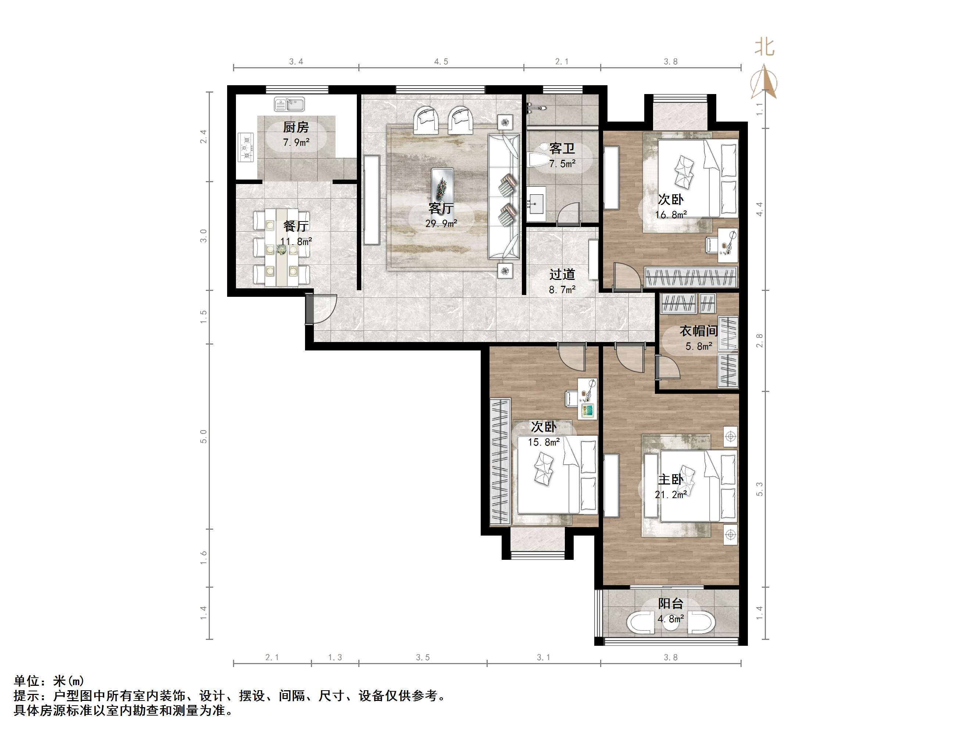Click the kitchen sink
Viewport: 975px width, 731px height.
pos(289,104)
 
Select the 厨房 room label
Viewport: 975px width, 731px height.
pos(296,127)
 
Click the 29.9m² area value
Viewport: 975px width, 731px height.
pos(441,223)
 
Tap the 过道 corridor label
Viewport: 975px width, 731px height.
pos(562,274)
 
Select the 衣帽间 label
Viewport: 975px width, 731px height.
pos(699,331)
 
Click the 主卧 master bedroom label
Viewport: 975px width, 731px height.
pos(670,479)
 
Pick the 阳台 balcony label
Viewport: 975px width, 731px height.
pos(670,604)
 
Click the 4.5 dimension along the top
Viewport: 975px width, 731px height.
pos(441,62)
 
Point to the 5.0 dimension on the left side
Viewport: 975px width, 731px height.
pos(203,436)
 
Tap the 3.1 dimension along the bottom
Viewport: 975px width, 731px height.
pos(544,658)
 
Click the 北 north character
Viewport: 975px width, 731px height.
pos(764,47)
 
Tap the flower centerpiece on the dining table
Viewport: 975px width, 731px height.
pos(281,250)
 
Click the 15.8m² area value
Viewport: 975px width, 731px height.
pos(544,442)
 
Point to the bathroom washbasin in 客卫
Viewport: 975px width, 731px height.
pos(536,204)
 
